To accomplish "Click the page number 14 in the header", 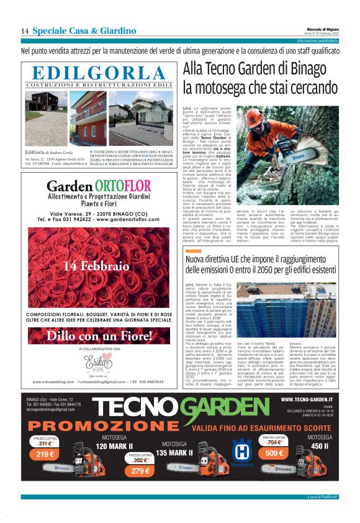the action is pos(25,31).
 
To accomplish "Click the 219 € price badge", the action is pos(45,454).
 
